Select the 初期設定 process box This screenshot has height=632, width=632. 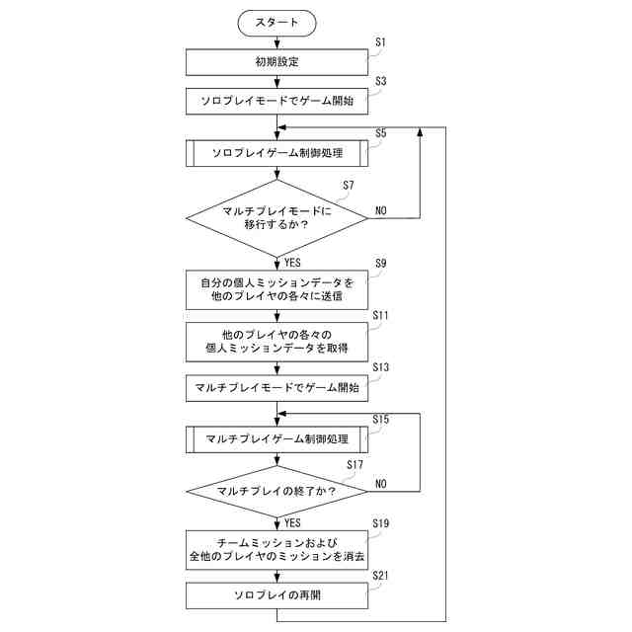click(276, 62)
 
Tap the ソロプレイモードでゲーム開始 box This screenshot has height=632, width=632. click(276, 100)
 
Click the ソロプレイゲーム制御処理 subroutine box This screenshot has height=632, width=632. click(276, 153)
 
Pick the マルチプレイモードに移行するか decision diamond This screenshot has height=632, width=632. click(276, 217)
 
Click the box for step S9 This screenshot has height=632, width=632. click(276, 289)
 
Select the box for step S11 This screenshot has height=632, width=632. click(276, 341)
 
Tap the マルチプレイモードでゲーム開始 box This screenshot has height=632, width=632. click(276, 388)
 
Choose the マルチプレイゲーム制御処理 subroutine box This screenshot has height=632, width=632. click(276, 438)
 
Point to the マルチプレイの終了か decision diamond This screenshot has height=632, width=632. click(276, 491)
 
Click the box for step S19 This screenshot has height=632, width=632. click(276, 549)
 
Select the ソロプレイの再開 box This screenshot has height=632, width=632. click(276, 596)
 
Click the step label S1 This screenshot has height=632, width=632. click(381, 43)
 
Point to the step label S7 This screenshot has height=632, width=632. click(348, 186)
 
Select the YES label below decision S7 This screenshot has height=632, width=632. click(292, 263)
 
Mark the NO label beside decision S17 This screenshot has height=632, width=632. click(381, 484)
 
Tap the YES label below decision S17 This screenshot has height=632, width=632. click(292, 523)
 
